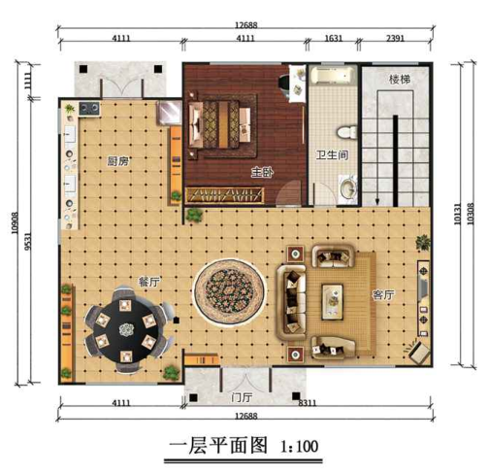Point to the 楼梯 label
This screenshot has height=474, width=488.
402,79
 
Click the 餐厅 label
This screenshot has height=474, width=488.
148,282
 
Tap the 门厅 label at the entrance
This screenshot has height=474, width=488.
242,397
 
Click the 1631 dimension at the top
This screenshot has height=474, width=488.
331,40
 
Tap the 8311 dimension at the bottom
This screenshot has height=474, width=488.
309,401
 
